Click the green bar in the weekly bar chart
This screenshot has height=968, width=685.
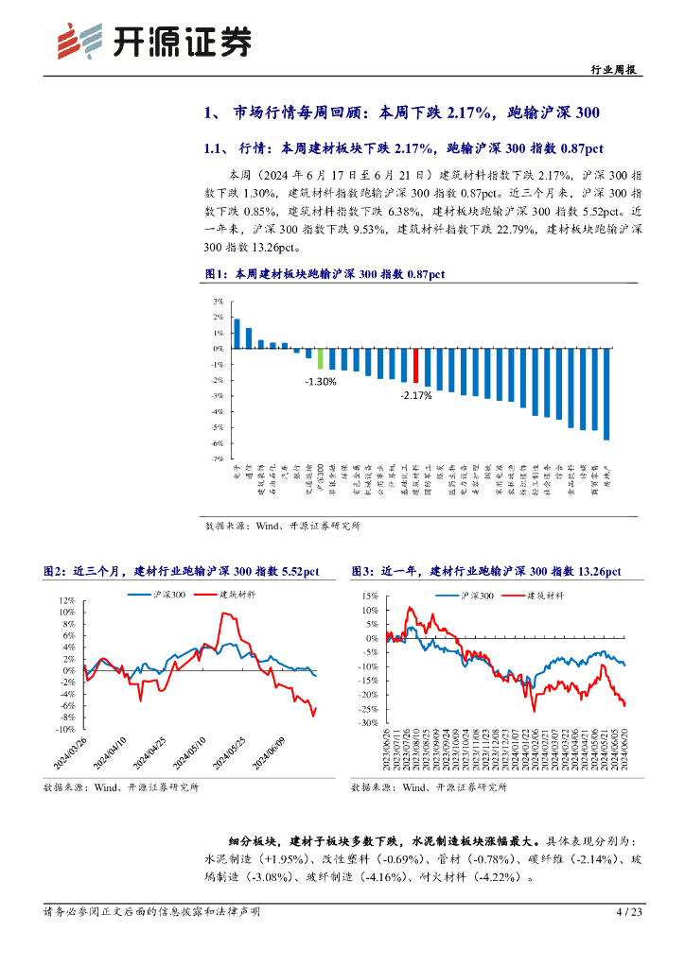320,358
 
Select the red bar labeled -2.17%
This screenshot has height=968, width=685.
415,365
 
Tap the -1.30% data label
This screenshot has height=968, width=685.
320,381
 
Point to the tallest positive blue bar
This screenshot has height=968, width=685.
237,334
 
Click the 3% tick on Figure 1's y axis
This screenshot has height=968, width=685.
217,302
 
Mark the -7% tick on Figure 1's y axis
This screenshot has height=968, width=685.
217,458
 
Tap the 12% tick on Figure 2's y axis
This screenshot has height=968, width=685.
66,600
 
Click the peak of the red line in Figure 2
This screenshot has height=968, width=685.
223,614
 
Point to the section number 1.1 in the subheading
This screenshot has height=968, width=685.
214,148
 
